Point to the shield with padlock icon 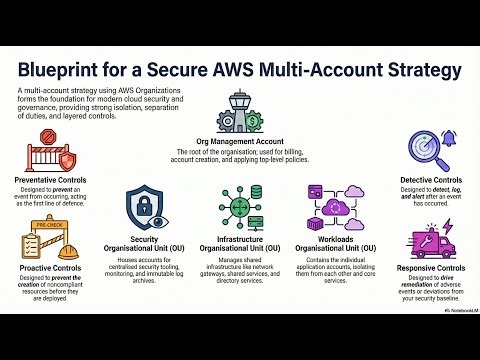pyautogui.click(x=146, y=205)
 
